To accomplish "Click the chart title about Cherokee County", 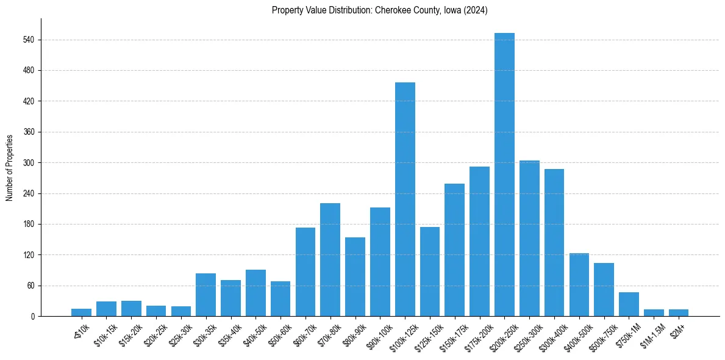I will coord(379,10).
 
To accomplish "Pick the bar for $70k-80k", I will coord(330,260).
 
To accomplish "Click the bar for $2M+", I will coord(678,312).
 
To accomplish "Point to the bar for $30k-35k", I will coord(205,295).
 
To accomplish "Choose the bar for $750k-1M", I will coord(629,304).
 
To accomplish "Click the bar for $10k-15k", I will coord(106,309).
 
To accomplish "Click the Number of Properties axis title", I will coord(10,167).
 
